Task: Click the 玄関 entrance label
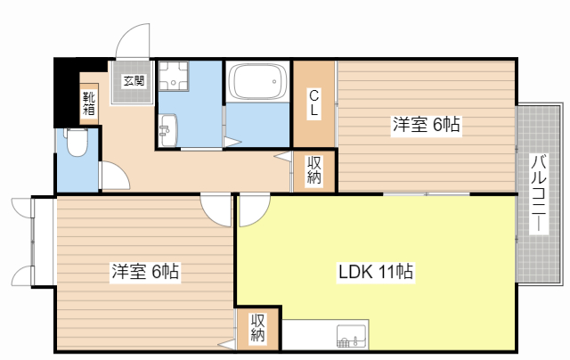tap(134, 81)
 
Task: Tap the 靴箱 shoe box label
tap(89, 103)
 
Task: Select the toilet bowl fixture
tap(77, 143)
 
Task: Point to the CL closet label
tap(313, 103)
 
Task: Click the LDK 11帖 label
tap(376, 271)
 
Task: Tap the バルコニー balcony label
tap(538, 193)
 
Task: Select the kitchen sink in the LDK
tap(352, 336)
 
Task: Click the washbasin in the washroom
tap(167, 130)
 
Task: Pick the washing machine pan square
tap(174, 76)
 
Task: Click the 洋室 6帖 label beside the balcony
tap(426, 125)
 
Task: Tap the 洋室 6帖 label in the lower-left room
tap(145, 271)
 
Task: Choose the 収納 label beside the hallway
tap(313, 170)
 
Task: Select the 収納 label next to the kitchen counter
tap(257, 328)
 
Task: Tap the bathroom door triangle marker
tap(232, 142)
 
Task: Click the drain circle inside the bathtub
tap(275, 82)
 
